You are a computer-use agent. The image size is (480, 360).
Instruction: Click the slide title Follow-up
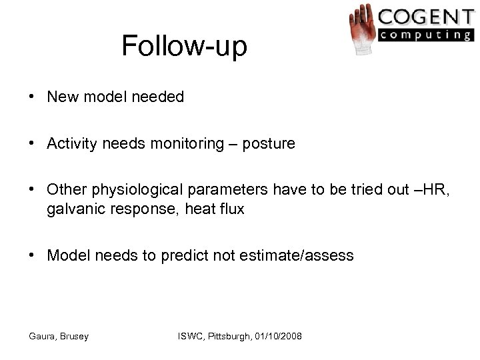(x=185, y=46)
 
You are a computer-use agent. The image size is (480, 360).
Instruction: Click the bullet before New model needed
(x=31, y=97)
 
